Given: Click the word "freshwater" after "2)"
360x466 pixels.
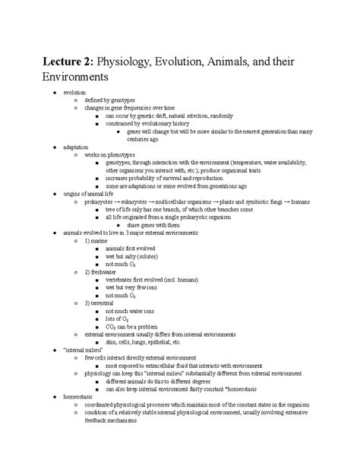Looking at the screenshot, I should pos(107,271).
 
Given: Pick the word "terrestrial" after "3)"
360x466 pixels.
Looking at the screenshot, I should pos(106,303).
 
